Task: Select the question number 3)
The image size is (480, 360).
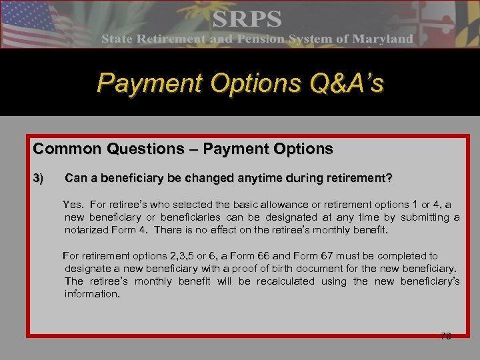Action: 39,179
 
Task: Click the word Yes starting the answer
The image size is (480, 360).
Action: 73,205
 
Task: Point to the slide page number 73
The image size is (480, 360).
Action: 446,336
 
